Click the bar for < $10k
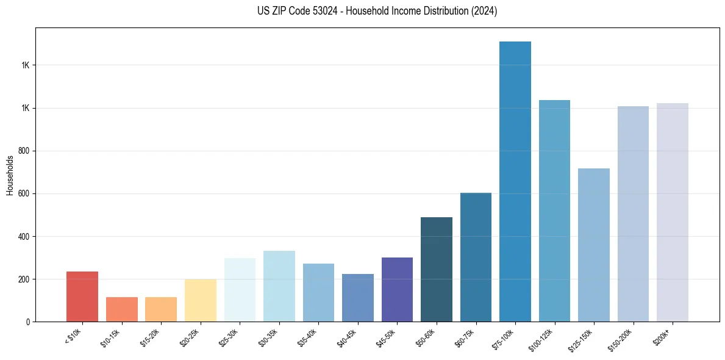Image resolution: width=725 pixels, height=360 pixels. point(82,297)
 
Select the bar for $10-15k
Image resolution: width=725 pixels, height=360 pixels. point(121,309)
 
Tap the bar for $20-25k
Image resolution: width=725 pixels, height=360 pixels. point(200,300)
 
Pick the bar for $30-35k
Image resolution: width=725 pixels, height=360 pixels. point(279,286)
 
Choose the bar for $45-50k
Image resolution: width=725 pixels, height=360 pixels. point(397,289)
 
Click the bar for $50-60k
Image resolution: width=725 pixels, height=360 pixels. point(437,269)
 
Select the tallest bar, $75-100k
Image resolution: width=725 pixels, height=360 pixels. point(515,181)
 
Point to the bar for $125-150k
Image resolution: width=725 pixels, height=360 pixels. point(594,245)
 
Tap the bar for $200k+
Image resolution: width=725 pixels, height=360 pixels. point(673,212)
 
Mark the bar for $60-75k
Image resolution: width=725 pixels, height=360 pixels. point(476,257)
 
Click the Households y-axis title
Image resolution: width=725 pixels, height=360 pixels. point(10,175)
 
